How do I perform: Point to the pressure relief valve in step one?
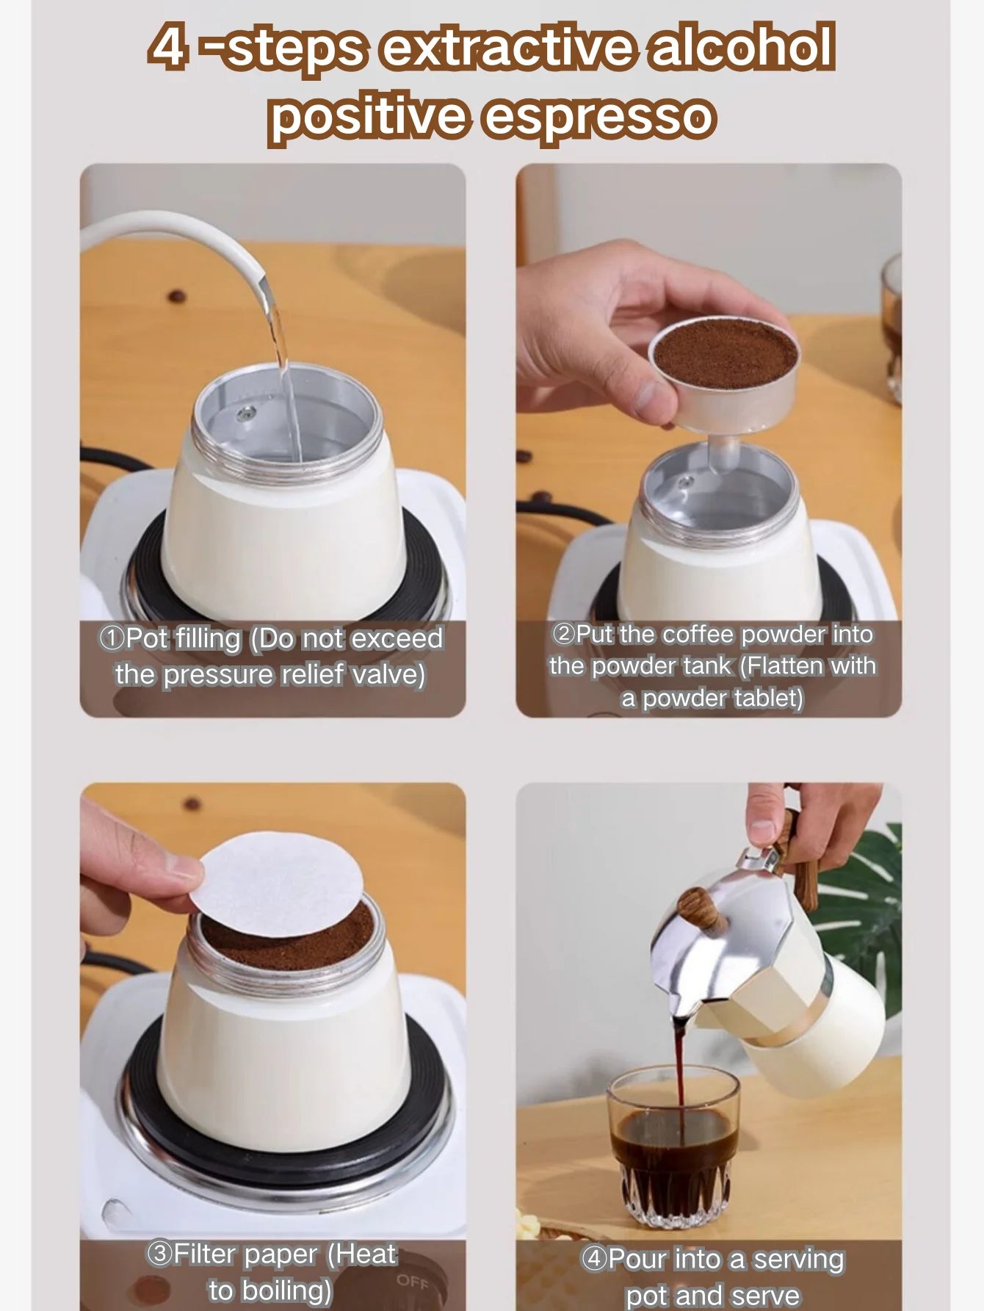pos(245,414)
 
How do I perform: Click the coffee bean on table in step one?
pos(176,297)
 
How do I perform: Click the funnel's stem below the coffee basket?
pos(723,455)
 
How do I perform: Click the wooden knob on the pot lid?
pos(701,911)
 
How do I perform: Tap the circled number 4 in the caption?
pos(594,1259)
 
